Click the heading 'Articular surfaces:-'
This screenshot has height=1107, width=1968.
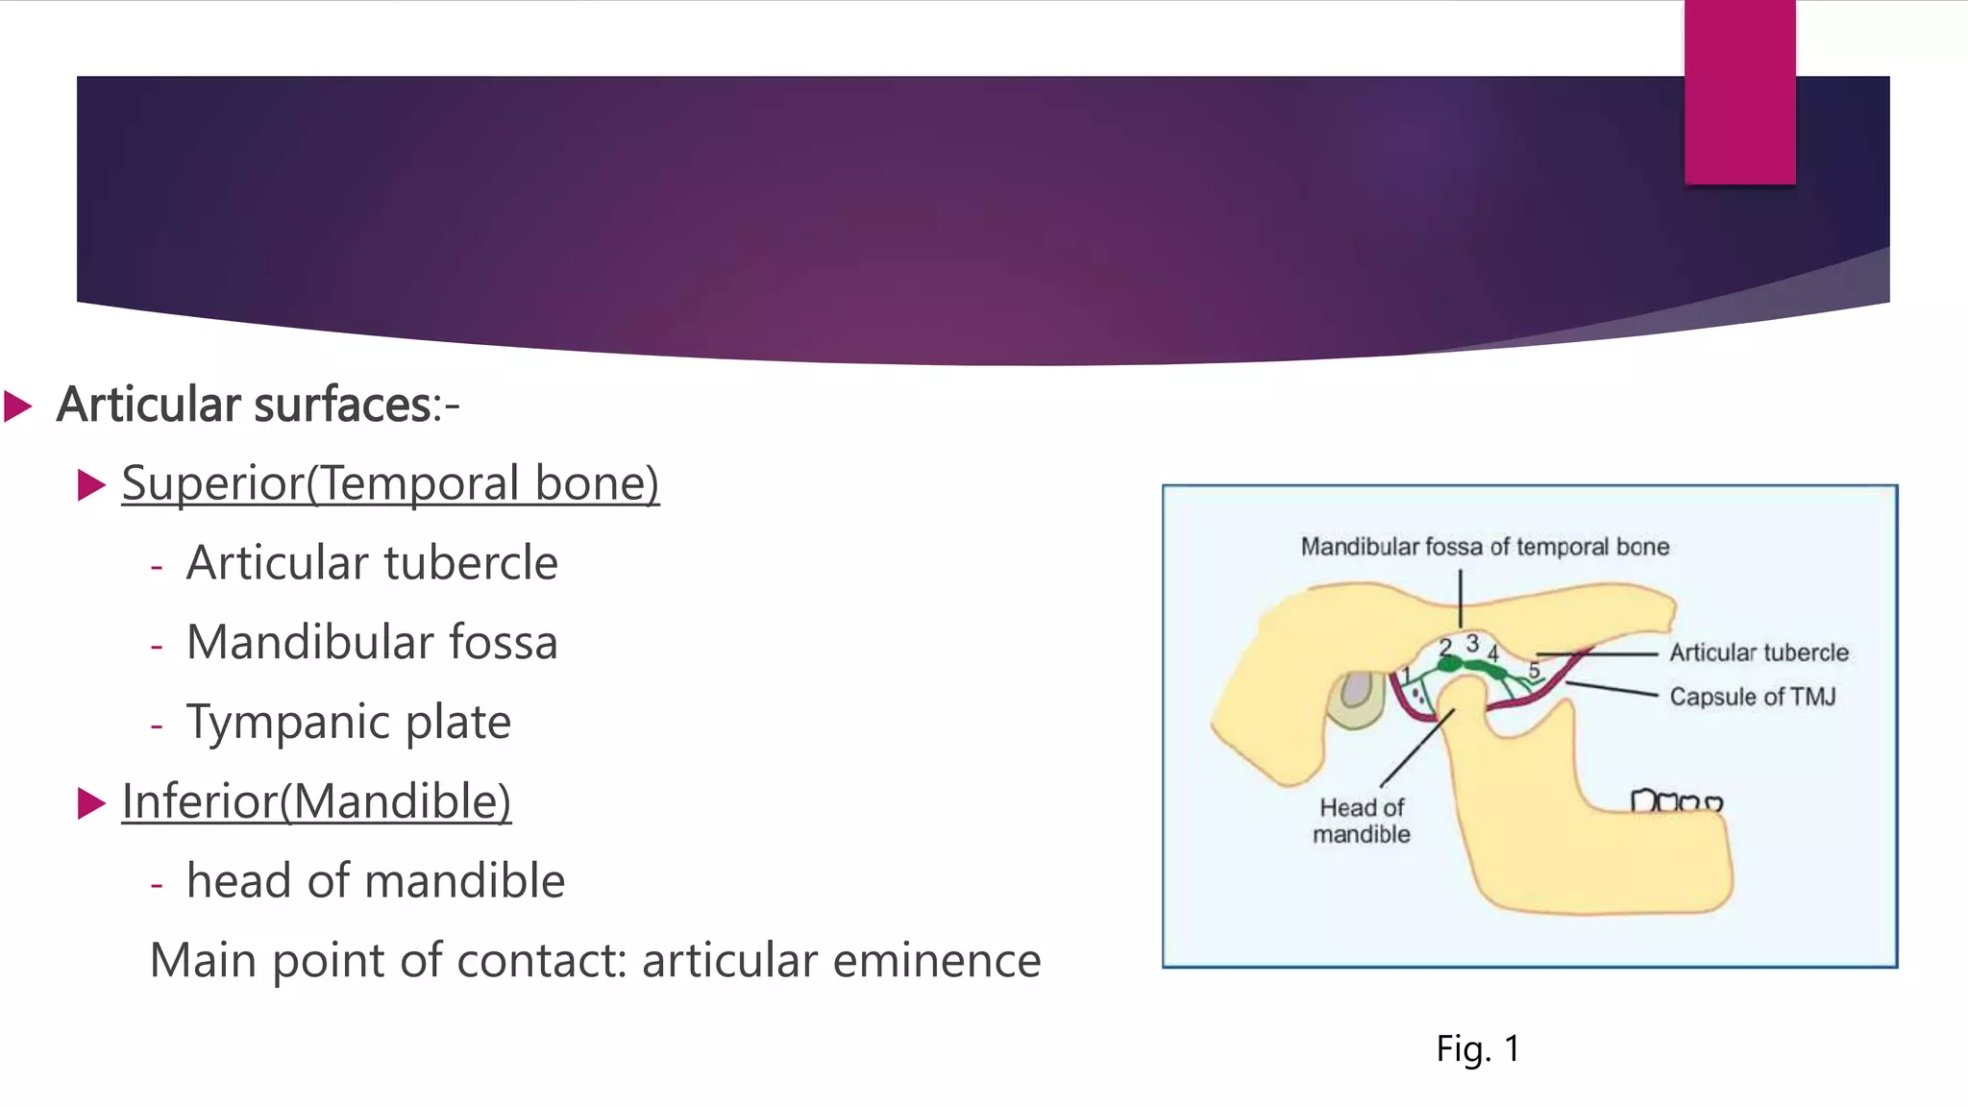click(x=258, y=405)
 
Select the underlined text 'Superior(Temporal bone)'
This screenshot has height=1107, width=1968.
click(x=390, y=483)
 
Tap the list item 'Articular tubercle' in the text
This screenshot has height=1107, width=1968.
click(x=372, y=563)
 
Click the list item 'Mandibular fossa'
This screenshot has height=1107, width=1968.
click(x=372, y=643)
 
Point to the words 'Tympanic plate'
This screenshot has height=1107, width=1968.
click(x=349, y=723)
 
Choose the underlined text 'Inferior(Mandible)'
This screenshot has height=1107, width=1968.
click(x=316, y=801)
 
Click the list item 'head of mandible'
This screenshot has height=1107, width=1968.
click(x=376, y=881)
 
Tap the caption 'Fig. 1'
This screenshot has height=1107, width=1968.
click(x=1478, y=1048)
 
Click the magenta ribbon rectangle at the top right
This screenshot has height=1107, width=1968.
click(x=1739, y=92)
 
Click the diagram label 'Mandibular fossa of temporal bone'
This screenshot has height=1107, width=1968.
click(x=1485, y=547)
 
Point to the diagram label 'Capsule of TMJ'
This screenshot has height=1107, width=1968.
click(x=1752, y=697)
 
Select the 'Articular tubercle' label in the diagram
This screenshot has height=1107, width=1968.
click(x=1759, y=653)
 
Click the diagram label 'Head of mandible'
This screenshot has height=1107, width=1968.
click(x=1362, y=821)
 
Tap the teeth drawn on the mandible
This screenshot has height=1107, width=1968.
click(x=1676, y=801)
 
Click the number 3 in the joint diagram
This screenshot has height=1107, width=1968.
click(x=1471, y=643)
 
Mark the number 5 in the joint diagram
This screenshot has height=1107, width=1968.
click(x=1534, y=669)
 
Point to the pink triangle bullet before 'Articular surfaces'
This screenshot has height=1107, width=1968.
click(x=18, y=406)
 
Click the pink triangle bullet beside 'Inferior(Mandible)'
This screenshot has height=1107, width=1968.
click(x=91, y=802)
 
